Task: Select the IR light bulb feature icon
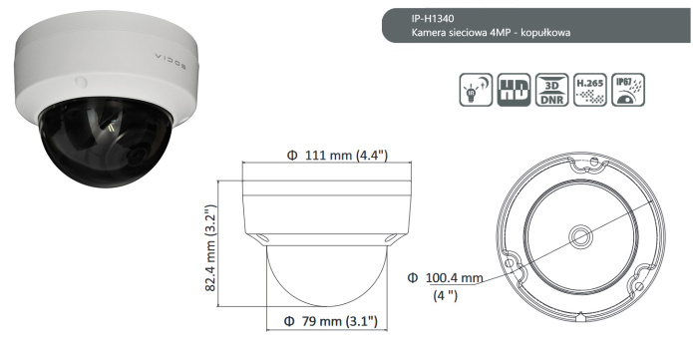476,90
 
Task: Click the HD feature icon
511,90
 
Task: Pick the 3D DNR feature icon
548,90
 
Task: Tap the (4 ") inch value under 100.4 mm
446,295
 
